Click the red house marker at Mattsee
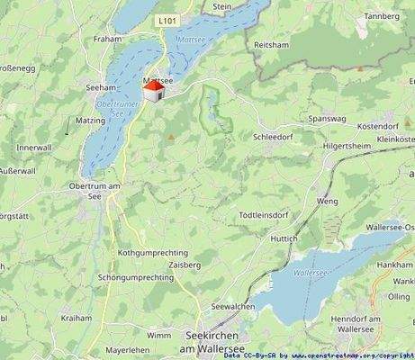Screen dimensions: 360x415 154,91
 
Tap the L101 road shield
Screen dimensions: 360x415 167,20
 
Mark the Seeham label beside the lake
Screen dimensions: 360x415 101,87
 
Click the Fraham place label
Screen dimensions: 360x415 106,40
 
